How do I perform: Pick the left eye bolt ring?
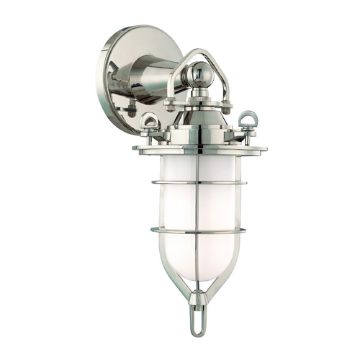151,121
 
